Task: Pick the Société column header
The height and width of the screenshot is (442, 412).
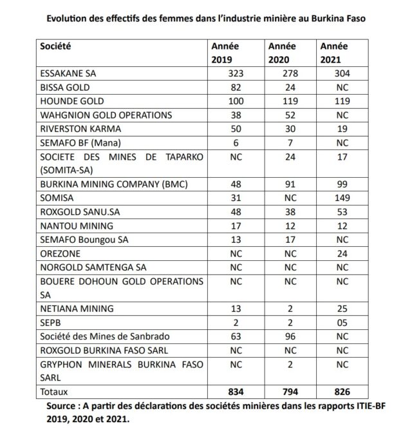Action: click(x=55, y=47)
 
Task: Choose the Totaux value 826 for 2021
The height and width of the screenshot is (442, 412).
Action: click(x=342, y=391)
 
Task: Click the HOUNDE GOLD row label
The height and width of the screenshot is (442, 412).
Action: click(x=71, y=101)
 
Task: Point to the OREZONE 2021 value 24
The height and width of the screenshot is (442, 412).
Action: click(x=342, y=254)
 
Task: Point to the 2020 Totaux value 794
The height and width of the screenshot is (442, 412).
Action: click(x=288, y=391)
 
